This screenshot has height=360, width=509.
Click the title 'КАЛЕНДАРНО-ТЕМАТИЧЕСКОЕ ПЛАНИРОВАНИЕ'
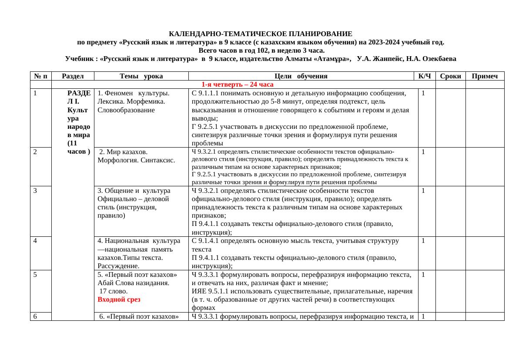click(x=260, y=34)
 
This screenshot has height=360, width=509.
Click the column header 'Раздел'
click(x=73, y=76)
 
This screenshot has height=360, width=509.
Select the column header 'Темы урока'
click(x=141, y=76)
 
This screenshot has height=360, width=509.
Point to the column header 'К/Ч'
click(x=424, y=76)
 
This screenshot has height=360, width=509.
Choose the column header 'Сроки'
click(x=450, y=76)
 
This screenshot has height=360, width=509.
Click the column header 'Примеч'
click(x=485, y=76)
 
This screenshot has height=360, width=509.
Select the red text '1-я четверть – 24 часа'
click(x=237, y=84)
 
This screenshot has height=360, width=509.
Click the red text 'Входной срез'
click(x=116, y=299)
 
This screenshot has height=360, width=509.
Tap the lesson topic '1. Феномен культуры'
click(x=134, y=93)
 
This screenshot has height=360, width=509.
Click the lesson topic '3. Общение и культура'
click(x=134, y=190)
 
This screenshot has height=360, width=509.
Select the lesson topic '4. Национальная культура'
click(x=139, y=240)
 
